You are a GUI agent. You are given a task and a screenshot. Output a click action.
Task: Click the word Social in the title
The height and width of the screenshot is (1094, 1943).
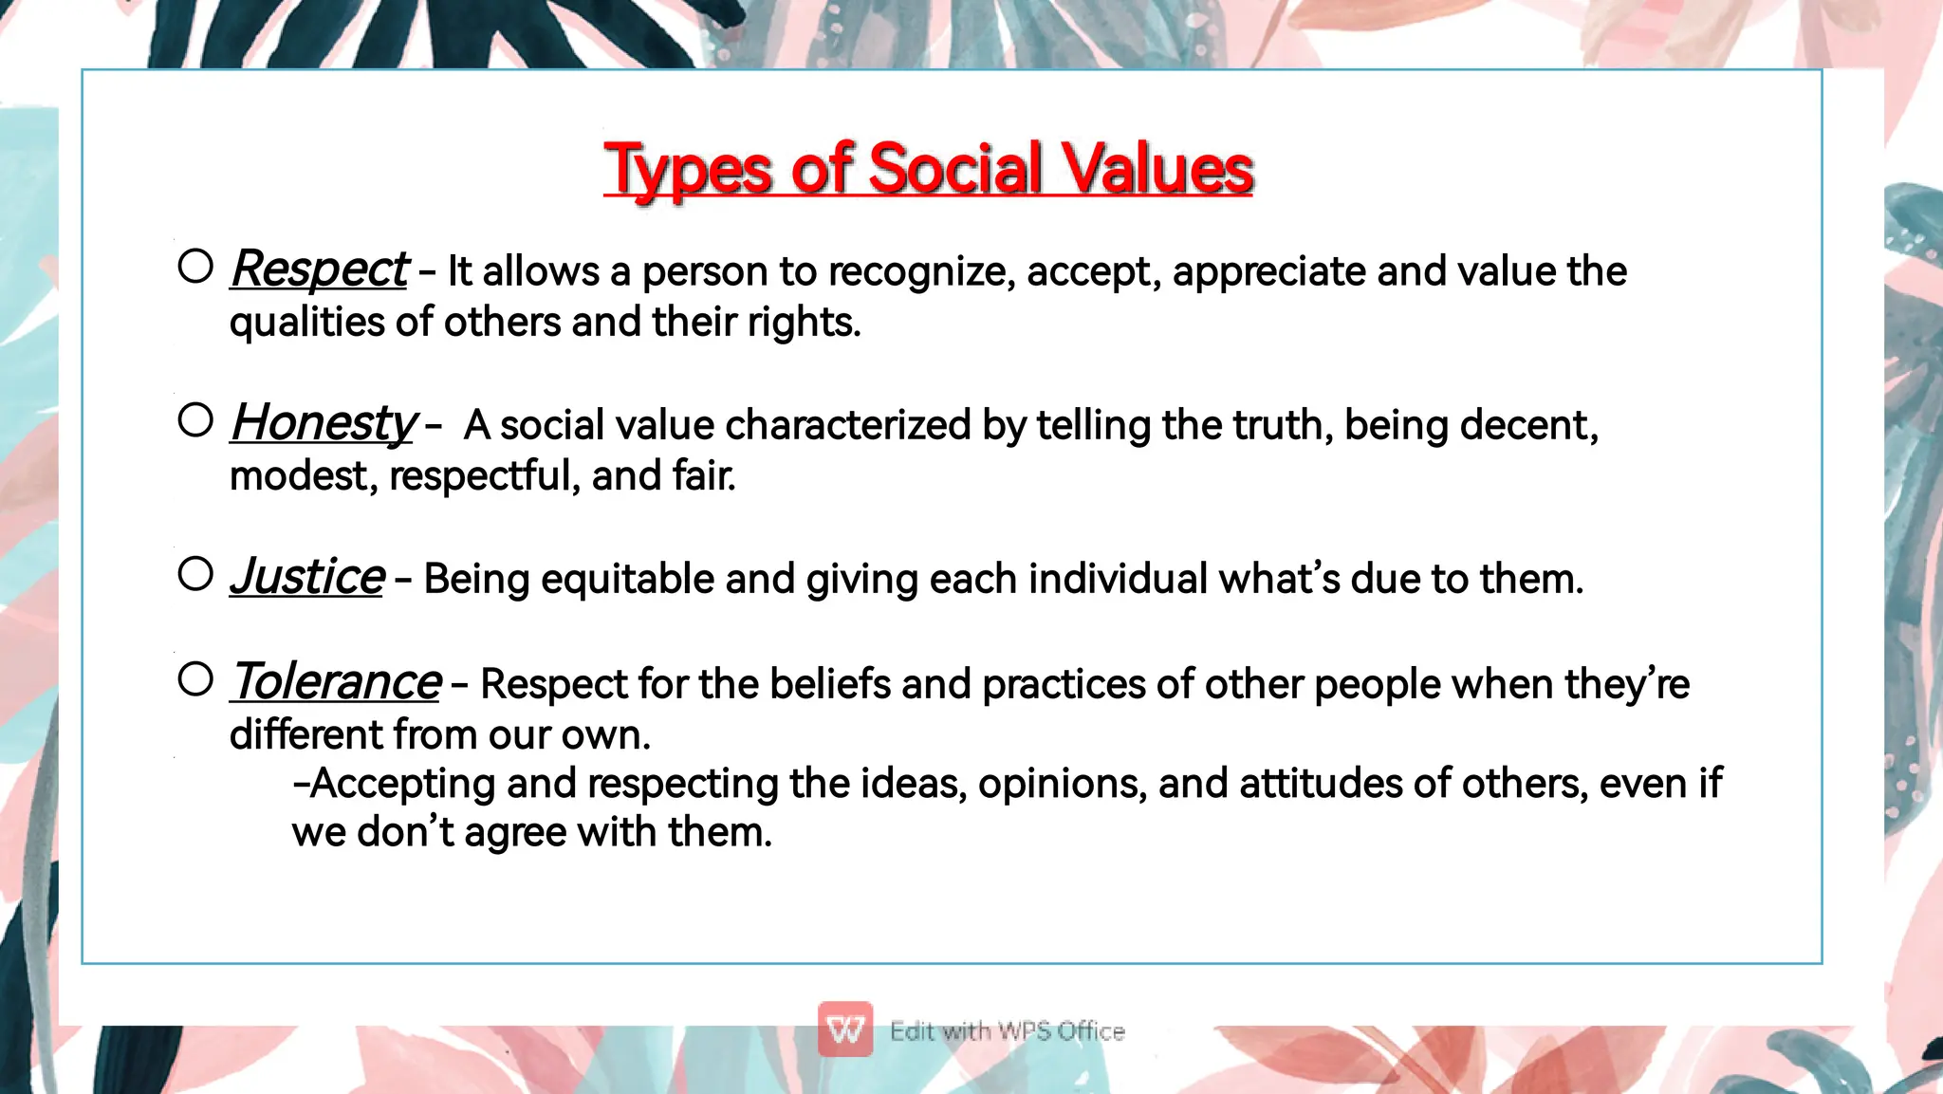click(x=955, y=170)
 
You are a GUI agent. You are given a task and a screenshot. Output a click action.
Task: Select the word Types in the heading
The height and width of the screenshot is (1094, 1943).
click(x=688, y=172)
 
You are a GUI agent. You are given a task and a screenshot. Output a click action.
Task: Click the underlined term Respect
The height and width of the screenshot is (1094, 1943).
click(x=319, y=269)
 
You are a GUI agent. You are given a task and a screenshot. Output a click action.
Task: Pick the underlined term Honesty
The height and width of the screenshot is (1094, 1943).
click(x=324, y=423)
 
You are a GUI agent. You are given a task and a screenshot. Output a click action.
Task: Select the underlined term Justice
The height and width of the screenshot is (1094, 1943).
click(x=307, y=577)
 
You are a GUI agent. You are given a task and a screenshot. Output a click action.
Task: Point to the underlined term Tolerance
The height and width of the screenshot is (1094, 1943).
click(x=336, y=682)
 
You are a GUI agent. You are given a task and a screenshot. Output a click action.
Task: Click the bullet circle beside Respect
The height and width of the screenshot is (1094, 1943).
click(x=195, y=267)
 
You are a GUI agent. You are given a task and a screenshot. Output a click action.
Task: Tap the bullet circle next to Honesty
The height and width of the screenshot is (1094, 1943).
click(x=195, y=420)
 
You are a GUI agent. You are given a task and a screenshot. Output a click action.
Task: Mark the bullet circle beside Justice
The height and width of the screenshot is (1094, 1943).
click(x=195, y=573)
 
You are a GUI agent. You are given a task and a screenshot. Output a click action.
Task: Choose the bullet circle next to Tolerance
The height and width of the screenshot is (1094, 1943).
click(x=195, y=678)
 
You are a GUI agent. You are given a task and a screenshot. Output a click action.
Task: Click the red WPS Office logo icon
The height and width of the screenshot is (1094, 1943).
click(x=844, y=1029)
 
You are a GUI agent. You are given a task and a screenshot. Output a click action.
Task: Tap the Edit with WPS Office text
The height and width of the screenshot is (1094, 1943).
click(x=1007, y=1031)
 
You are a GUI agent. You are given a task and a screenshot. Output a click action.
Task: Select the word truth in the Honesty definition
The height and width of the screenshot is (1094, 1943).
click(x=1280, y=425)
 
